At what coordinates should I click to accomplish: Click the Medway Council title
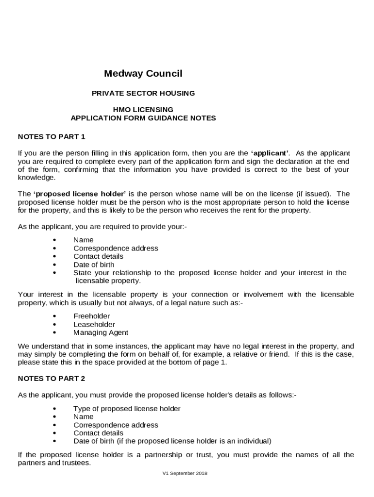[x=143, y=74]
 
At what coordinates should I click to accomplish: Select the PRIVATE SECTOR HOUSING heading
[x=143, y=93]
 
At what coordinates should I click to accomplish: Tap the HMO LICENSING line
[x=143, y=110]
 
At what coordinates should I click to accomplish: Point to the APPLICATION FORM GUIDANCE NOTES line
[x=143, y=118]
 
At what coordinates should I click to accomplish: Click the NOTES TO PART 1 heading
[x=51, y=136]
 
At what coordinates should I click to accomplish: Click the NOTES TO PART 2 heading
[x=51, y=378]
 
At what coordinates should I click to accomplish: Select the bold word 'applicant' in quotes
[x=270, y=153]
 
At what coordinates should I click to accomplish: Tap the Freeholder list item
[x=91, y=316]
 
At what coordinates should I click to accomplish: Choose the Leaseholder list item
[x=94, y=324]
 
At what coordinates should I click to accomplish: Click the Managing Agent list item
[x=101, y=332]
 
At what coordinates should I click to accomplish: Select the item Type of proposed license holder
[x=127, y=409]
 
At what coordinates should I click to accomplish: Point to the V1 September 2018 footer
[x=185, y=473]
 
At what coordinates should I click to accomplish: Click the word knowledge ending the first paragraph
[x=36, y=178]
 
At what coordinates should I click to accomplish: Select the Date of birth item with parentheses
[x=172, y=441]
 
